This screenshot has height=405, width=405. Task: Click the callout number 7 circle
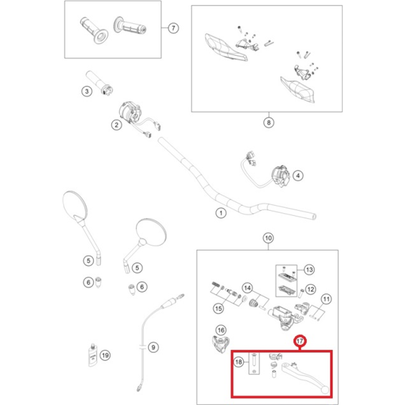pos(172,28)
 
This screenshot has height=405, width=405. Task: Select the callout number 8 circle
pos(268,123)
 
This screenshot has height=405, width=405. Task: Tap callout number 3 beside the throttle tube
pos(87,92)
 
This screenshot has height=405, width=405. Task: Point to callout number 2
pos(117,125)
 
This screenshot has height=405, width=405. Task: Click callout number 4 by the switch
pos(298,176)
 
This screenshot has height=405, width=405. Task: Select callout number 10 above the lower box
pos(267,239)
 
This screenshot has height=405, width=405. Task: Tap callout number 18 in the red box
pos(239,363)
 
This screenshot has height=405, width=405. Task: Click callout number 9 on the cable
pos(154,347)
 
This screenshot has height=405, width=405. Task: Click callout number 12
pos(311,289)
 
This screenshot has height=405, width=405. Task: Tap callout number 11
pos(326,299)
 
